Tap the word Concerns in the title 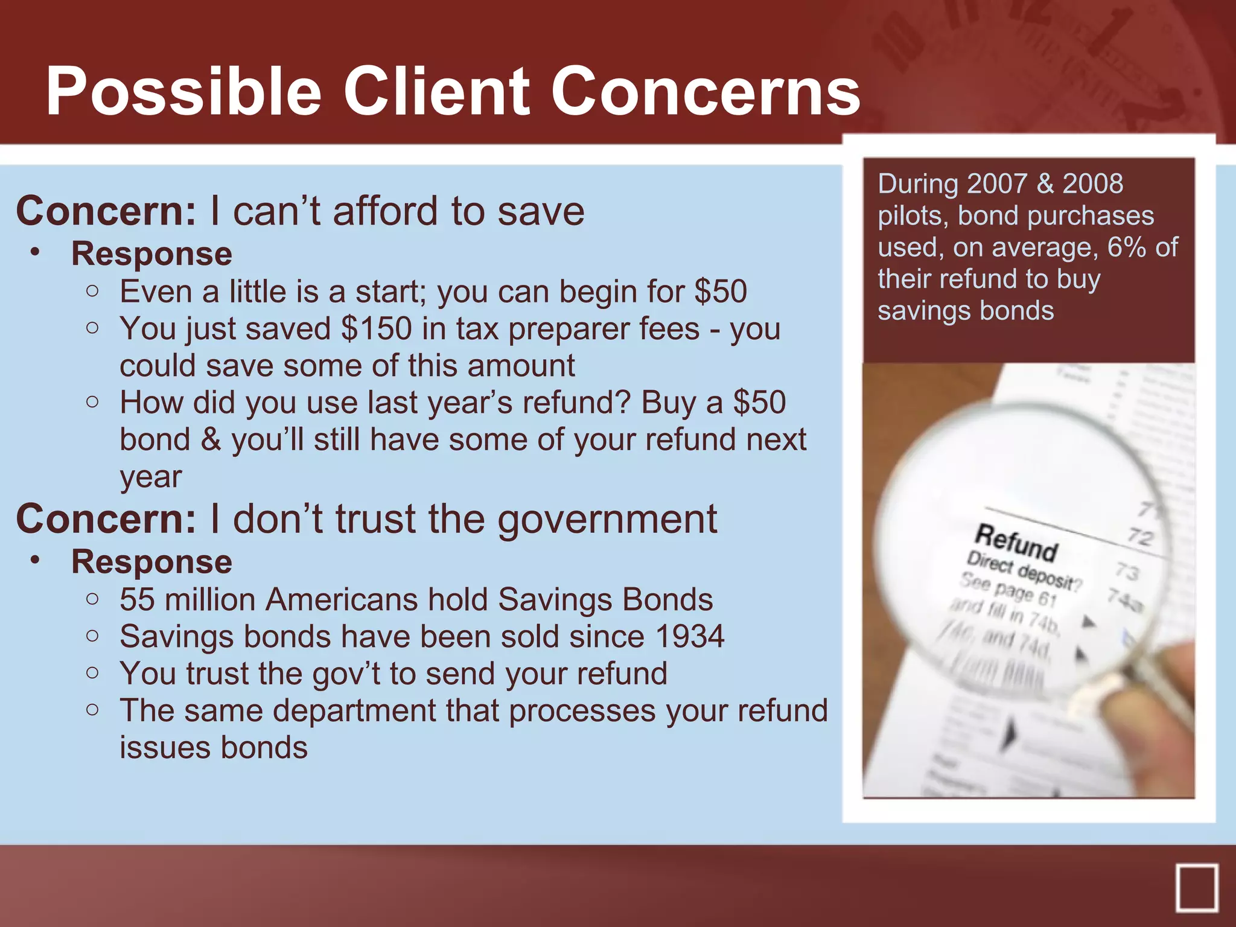706,92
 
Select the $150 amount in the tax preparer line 377,329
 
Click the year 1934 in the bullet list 689,637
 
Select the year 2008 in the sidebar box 1092,183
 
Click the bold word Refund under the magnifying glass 1016,542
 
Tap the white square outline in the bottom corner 1197,887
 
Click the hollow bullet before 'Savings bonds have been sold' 92,636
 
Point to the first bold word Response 151,253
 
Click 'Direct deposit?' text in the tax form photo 1022,571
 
